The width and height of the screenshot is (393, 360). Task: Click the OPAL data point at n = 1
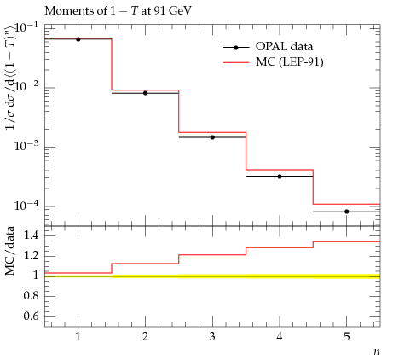pos(78,39)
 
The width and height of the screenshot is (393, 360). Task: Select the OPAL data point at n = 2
pos(145,93)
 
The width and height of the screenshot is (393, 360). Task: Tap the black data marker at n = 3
pos(212,137)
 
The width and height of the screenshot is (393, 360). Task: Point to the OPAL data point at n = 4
pos(280,177)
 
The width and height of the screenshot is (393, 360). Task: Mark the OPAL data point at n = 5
pos(347,212)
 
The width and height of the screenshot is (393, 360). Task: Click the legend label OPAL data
pos(284,47)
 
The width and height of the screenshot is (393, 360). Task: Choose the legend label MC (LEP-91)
pos(290,62)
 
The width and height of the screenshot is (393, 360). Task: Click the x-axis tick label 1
pos(78,337)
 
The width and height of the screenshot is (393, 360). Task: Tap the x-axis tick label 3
pos(212,337)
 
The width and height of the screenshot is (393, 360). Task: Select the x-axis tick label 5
pos(347,337)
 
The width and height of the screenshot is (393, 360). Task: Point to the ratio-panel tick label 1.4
pos(31,235)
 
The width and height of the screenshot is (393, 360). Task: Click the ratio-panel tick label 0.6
pos(31,316)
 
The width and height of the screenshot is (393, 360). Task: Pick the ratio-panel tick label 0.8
pos(31,296)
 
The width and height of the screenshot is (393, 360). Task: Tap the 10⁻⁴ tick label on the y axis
pos(26,205)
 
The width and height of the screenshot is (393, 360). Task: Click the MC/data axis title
pos(9,251)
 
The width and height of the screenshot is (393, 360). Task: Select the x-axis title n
pos(377,351)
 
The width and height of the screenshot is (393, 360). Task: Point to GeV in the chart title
pos(180,11)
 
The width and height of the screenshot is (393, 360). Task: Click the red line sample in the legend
pos(236,62)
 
